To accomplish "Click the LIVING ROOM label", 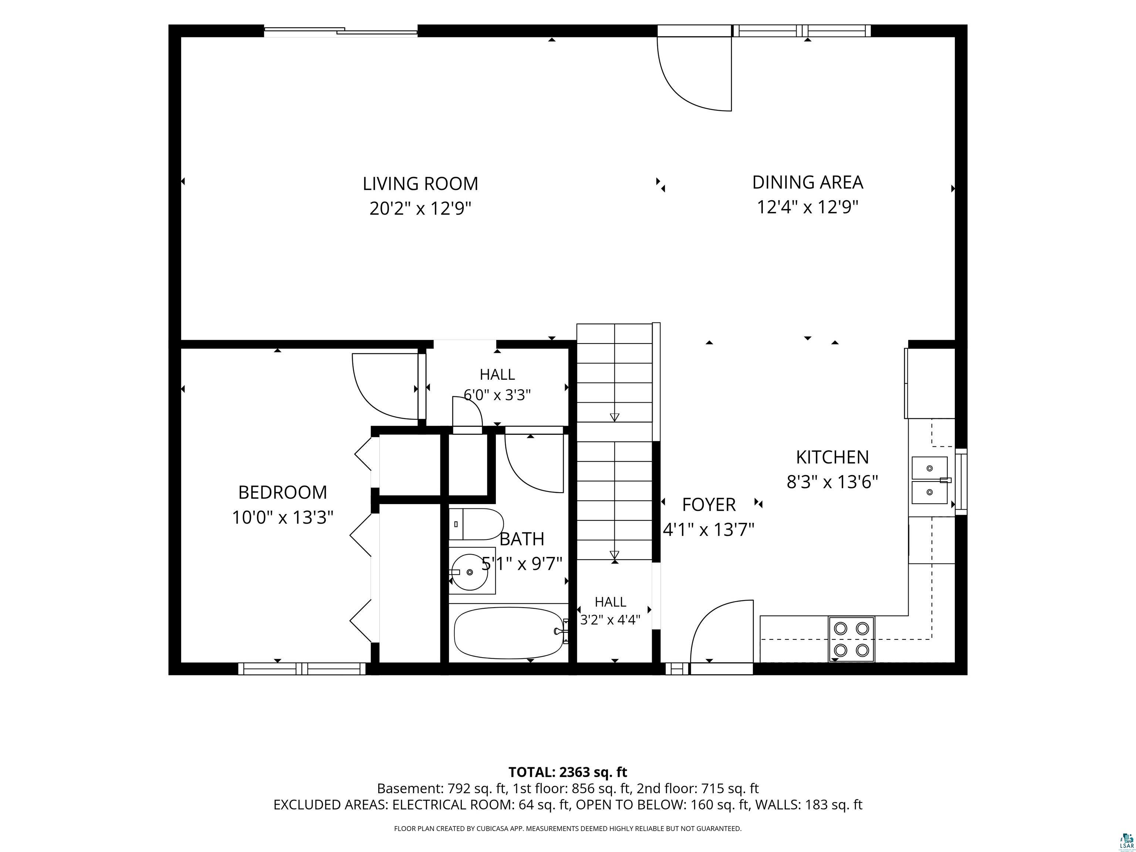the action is coord(420,183).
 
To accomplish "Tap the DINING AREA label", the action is coord(807,182).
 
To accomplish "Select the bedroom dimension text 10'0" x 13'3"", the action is coord(283,517).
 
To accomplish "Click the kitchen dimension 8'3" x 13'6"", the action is coord(832,482).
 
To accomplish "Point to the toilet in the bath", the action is coord(476,524).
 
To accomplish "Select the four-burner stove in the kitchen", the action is coord(851,639).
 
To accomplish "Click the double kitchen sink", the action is coord(930,480).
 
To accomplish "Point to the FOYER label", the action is coord(709,505).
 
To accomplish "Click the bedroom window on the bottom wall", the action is coord(302,669).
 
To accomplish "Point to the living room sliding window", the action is coord(341,31).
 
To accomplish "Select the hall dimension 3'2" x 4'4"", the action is coord(610,620).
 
